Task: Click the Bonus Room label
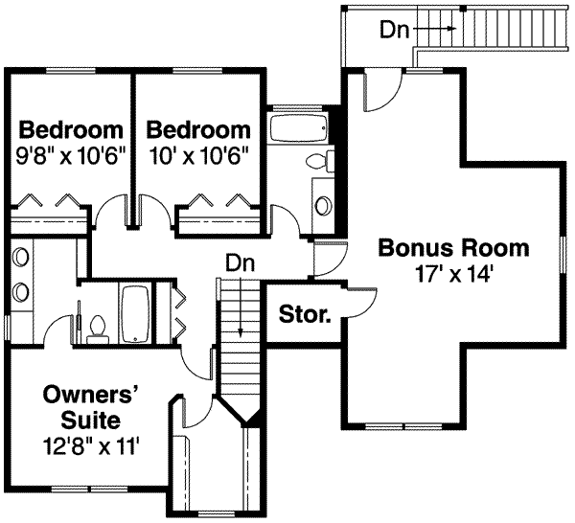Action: [453, 248]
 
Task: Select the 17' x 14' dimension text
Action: [453, 273]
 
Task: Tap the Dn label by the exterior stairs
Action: [394, 30]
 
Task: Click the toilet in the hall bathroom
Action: [325, 162]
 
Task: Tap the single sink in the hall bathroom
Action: [324, 204]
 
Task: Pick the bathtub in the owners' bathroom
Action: [133, 313]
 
